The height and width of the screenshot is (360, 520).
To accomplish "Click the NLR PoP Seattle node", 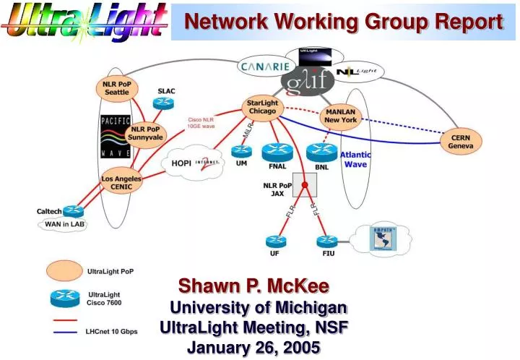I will [116, 88].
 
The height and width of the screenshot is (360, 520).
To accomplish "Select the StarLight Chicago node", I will [262, 108].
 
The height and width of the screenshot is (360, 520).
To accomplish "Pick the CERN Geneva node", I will [461, 141].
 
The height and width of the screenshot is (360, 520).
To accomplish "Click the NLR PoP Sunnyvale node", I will [146, 133].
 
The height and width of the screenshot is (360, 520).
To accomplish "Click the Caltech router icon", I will [73, 211].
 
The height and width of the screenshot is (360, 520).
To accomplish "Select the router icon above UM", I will [241, 151].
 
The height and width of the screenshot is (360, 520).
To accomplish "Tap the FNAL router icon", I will [276, 152].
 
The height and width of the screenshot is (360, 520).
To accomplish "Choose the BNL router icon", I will [321, 153].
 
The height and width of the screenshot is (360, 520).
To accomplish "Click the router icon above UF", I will [275, 241].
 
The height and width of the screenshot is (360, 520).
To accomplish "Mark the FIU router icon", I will [326, 241].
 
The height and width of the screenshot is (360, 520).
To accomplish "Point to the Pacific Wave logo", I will [115, 137].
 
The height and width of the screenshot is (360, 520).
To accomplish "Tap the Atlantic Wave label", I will [355, 159].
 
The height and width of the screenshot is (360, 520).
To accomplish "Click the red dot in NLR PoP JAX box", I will [305, 186].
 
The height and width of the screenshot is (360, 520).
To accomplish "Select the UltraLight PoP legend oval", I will [65, 271].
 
